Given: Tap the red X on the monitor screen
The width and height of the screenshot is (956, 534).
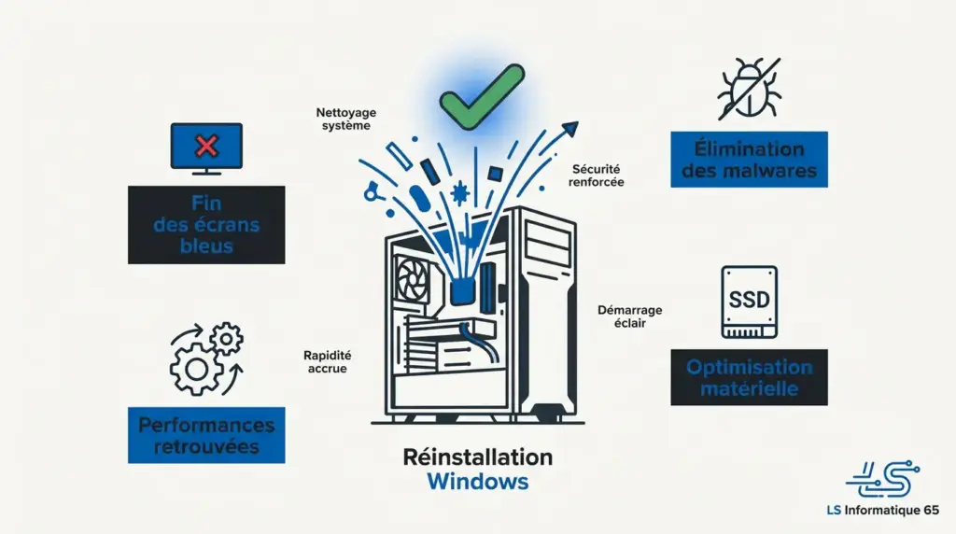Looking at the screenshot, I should [206, 145].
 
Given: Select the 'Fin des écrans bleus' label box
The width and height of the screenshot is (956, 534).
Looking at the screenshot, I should [206, 224].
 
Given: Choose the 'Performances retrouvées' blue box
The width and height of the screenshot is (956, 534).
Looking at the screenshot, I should [206, 436].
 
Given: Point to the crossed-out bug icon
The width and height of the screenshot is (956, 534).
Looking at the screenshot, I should [749, 89].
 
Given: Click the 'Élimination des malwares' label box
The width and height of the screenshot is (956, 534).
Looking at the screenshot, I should [749, 160].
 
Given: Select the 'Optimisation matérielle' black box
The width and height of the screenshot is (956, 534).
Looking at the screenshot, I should [749, 377].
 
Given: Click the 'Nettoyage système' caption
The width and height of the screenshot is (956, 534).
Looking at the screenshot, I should [343, 119].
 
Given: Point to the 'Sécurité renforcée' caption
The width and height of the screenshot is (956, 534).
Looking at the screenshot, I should [596, 176].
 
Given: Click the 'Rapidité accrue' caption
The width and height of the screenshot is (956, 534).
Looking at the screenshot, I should [326, 361].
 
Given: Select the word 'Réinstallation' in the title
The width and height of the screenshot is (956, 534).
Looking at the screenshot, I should [477, 457].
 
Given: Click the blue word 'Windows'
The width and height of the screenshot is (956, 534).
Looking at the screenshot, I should [477, 482].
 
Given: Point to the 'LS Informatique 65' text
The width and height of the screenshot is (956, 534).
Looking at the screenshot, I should [882, 511].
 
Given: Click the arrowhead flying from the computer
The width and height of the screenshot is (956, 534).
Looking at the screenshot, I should [569, 130].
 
